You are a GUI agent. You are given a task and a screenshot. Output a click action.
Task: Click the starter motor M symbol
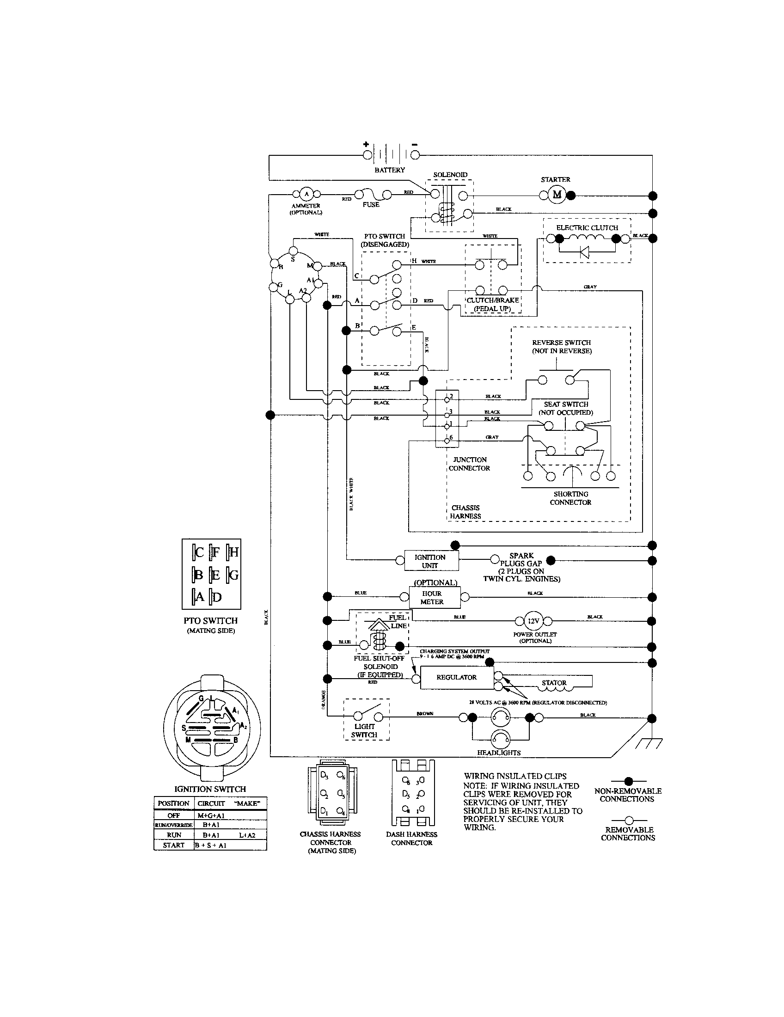557,195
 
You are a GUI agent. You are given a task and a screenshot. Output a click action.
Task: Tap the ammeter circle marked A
306,194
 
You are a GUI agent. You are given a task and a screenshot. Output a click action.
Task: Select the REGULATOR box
456,677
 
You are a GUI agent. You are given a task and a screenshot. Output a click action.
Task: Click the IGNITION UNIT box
430,561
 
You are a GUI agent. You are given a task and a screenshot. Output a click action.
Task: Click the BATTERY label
390,170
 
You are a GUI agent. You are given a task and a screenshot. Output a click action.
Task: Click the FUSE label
371,204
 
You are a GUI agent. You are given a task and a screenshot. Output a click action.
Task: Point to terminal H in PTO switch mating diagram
233,552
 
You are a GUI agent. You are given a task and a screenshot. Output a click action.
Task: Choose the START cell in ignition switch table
174,845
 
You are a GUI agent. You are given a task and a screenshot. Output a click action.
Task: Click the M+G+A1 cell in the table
211,815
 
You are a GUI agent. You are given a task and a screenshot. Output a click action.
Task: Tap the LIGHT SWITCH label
364,730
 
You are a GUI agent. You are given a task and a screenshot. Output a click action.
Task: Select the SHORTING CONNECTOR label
570,498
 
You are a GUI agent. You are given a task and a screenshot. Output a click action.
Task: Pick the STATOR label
554,683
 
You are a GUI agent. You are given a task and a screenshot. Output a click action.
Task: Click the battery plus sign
366,144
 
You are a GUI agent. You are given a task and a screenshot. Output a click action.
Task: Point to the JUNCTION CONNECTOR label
469,464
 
